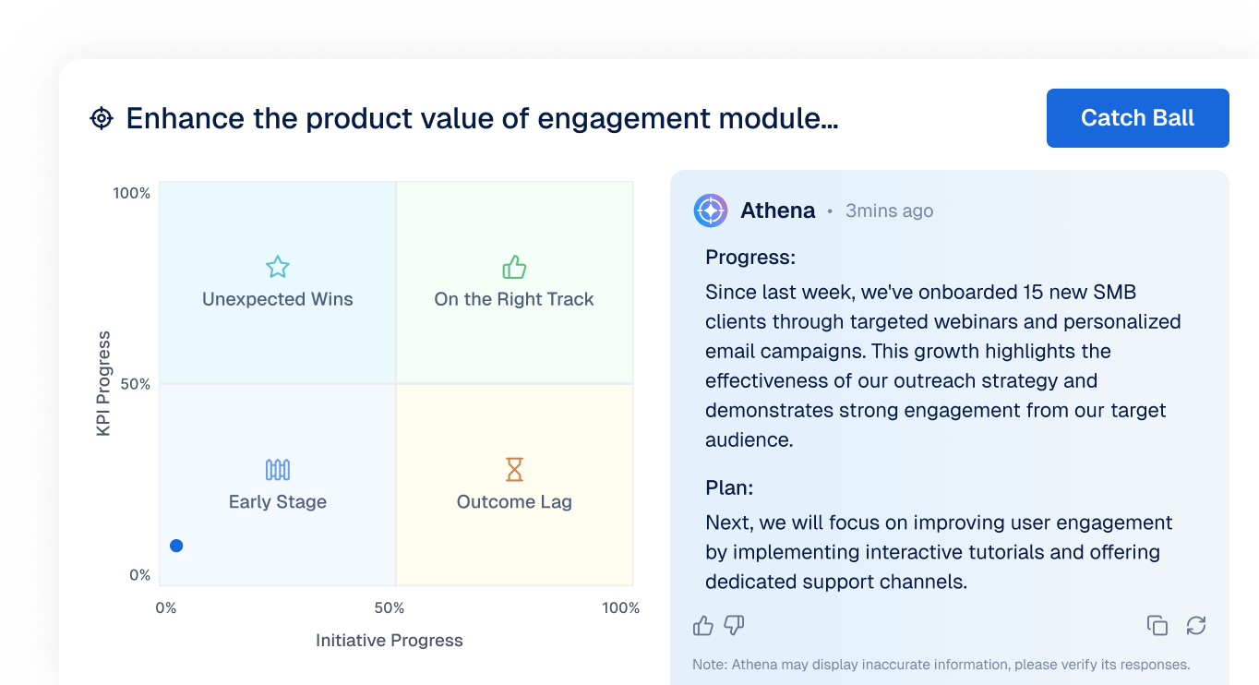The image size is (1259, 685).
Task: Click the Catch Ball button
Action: pyautogui.click(x=1137, y=118)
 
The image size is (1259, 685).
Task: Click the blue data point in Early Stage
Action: pyautogui.click(x=176, y=546)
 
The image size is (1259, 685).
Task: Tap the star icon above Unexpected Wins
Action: pyautogui.click(x=278, y=267)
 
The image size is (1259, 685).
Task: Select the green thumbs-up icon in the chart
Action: pyautogui.click(x=514, y=267)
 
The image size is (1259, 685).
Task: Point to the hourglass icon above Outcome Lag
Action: pyautogui.click(x=514, y=470)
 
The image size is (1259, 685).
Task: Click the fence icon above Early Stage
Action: pyautogui.click(x=278, y=470)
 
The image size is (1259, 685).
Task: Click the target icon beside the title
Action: pyautogui.click(x=102, y=118)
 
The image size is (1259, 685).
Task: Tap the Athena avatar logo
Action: pyautogui.click(x=711, y=210)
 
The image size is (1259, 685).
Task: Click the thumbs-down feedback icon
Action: pyautogui.click(x=734, y=625)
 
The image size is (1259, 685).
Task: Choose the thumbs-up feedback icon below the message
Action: pyautogui.click(x=703, y=625)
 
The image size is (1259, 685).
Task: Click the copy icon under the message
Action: pyautogui.click(x=1157, y=625)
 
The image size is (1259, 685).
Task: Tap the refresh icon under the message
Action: pyautogui.click(x=1196, y=625)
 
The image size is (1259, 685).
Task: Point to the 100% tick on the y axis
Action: pyautogui.click(x=131, y=193)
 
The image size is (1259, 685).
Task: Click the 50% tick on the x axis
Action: pyautogui.click(x=390, y=608)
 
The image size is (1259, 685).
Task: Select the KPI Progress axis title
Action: pyautogui.click(x=103, y=384)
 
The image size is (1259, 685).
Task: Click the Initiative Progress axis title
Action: pyautogui.click(x=390, y=640)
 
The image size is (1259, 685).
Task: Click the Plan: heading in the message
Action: pyautogui.click(x=729, y=487)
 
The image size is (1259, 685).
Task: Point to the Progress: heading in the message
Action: pyautogui.click(x=750, y=258)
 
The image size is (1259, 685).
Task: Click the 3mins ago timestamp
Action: pyautogui.click(x=889, y=210)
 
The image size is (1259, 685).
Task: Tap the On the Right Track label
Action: pyautogui.click(x=514, y=299)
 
